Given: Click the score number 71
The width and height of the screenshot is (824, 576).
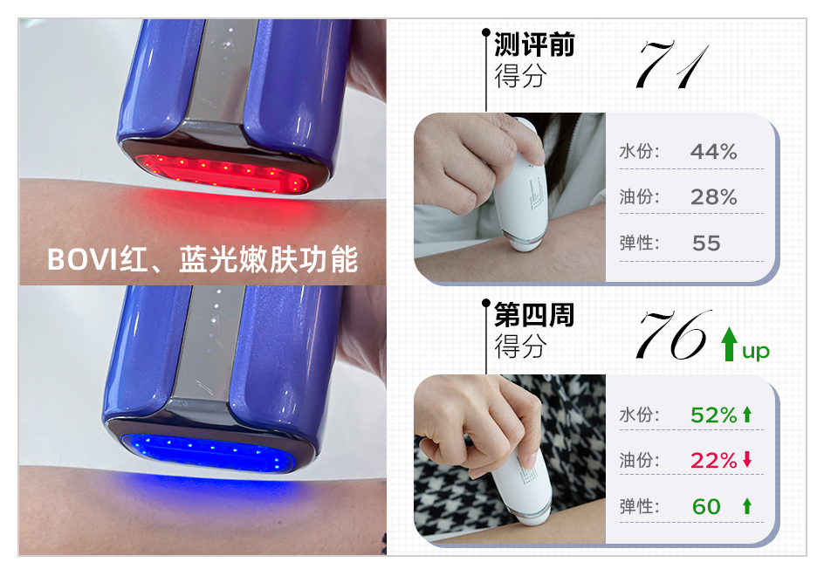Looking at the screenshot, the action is (x=673, y=65).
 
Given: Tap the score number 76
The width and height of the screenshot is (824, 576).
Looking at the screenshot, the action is (x=674, y=335).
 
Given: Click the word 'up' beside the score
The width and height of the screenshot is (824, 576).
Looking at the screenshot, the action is (x=756, y=351).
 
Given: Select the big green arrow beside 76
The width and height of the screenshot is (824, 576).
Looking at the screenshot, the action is (x=728, y=344).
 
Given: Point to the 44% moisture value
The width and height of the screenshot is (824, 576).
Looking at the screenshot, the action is (x=713, y=152).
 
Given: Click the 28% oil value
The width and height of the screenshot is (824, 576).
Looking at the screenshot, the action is (x=713, y=197).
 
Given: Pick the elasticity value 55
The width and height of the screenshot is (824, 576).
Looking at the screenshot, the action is (x=706, y=243).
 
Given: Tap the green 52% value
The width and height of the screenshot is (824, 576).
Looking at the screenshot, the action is (x=713, y=415).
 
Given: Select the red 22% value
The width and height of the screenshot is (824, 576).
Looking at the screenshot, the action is (x=713, y=461).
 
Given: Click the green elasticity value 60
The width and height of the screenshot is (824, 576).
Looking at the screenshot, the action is (x=706, y=507).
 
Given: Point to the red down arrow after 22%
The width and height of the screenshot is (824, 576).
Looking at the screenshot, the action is (x=747, y=459).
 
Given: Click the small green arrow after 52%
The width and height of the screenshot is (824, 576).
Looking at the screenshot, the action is (x=747, y=415).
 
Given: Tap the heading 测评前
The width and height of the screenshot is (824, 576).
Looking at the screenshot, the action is (x=534, y=45).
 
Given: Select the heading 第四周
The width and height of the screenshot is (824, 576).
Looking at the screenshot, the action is (x=534, y=315).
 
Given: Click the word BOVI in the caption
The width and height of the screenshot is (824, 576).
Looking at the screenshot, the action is (x=81, y=259).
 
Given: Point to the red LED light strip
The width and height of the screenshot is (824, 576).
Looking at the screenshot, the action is (x=221, y=173).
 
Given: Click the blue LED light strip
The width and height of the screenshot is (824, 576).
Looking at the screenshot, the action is (x=207, y=452).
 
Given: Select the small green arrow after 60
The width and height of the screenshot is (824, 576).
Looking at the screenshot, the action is (x=747, y=506).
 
